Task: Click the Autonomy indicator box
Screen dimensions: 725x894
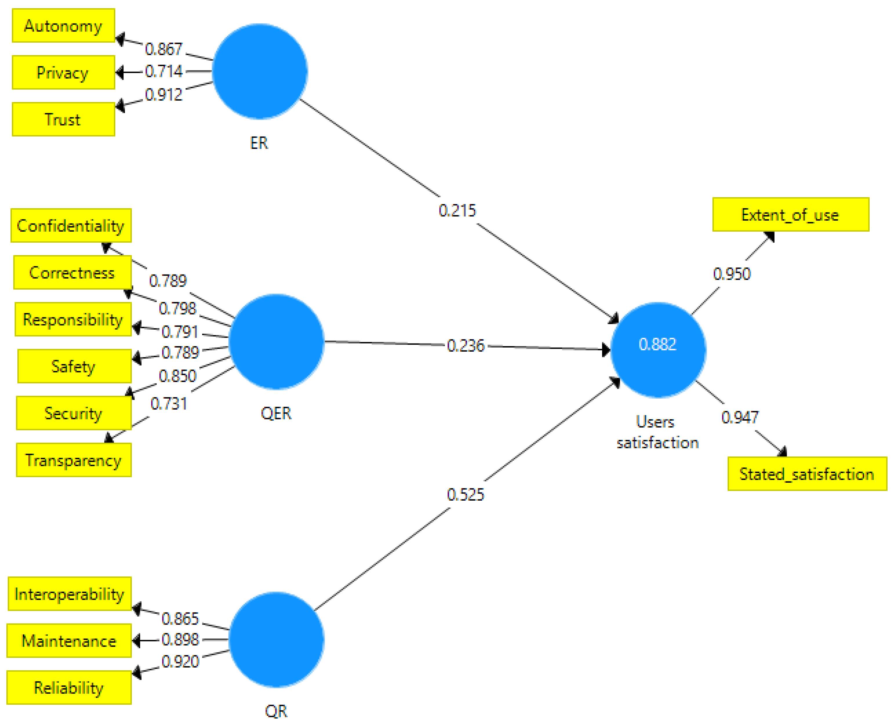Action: (63, 26)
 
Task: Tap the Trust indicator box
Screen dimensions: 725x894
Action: (63, 119)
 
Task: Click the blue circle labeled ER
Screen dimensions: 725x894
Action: (260, 71)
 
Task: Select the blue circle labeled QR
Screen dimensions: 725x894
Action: (276, 639)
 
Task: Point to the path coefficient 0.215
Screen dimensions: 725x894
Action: (457, 210)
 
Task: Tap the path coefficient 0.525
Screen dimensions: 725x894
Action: (465, 495)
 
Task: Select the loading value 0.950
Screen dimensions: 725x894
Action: (732, 274)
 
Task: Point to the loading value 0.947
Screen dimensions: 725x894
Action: (740, 417)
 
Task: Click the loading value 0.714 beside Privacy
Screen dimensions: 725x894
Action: (164, 71)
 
